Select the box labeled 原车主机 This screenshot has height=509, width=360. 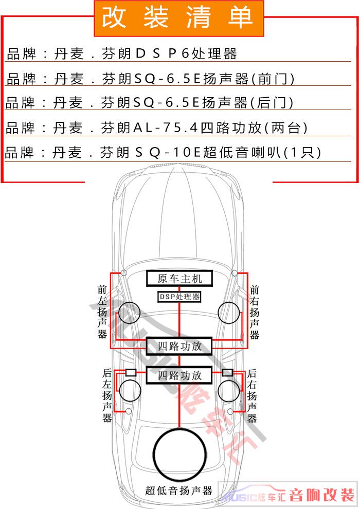[x=179, y=279]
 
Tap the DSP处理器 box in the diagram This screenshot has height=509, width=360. [x=179, y=297]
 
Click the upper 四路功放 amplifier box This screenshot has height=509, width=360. [x=179, y=346]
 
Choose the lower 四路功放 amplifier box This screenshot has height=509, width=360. [x=179, y=375]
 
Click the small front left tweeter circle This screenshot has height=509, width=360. [x=123, y=272]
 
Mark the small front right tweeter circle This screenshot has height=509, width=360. [x=235, y=272]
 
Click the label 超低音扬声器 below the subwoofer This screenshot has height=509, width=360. [x=178, y=490]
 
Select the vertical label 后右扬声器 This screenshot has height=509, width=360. [x=253, y=395]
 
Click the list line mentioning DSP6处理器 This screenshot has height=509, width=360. [x=122, y=53]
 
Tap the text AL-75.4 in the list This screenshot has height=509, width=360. [x=165, y=128]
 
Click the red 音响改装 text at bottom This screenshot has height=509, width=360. [x=322, y=496]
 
